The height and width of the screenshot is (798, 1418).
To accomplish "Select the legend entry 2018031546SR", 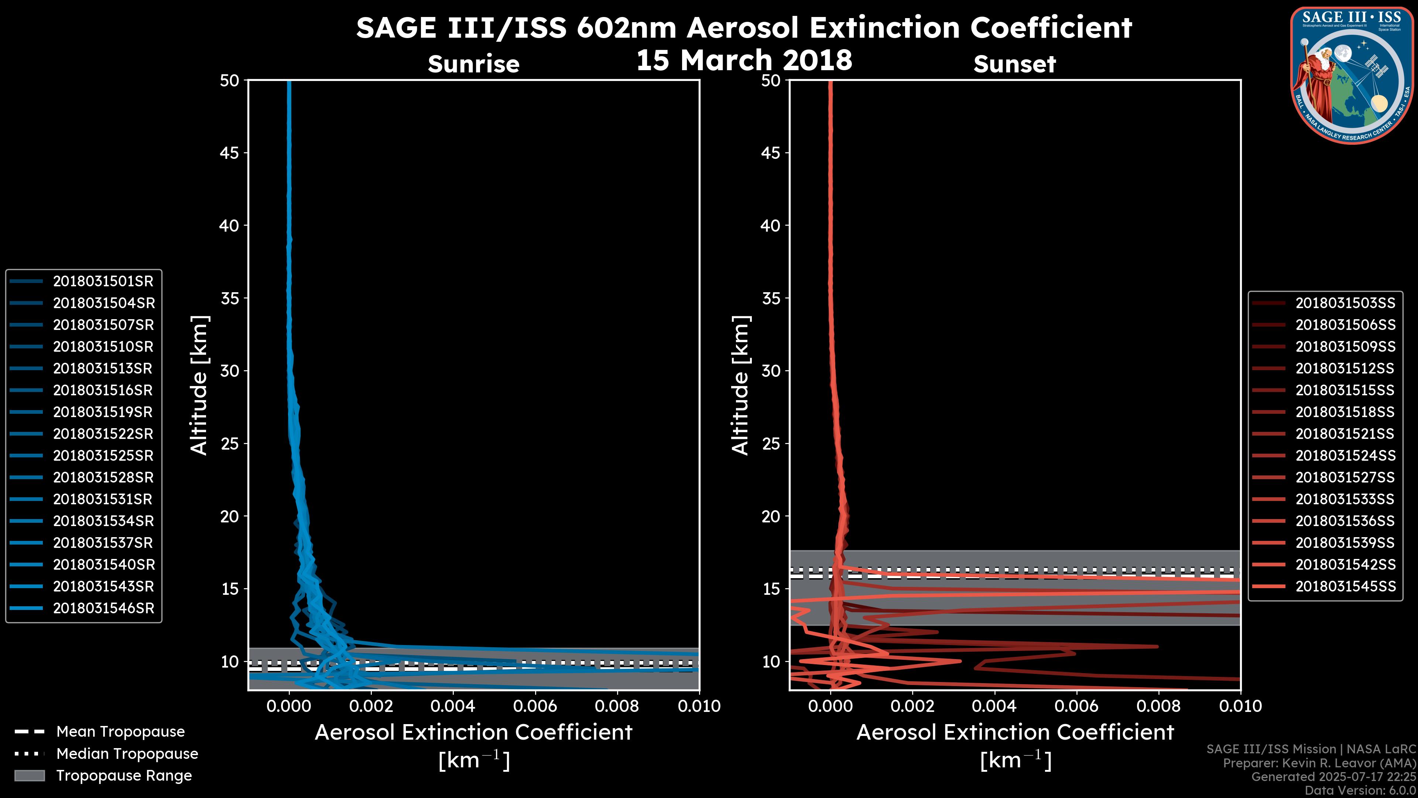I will [x=103, y=608].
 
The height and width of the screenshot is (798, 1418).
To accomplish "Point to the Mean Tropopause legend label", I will [x=120, y=732].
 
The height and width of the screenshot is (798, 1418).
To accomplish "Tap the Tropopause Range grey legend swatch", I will [x=30, y=776].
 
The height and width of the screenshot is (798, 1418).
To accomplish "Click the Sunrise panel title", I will [x=473, y=64].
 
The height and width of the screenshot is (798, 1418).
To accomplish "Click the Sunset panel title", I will [x=1014, y=64].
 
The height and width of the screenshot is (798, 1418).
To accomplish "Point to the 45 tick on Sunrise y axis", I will [x=230, y=153].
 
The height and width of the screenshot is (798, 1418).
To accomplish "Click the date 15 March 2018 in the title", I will [x=744, y=60].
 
